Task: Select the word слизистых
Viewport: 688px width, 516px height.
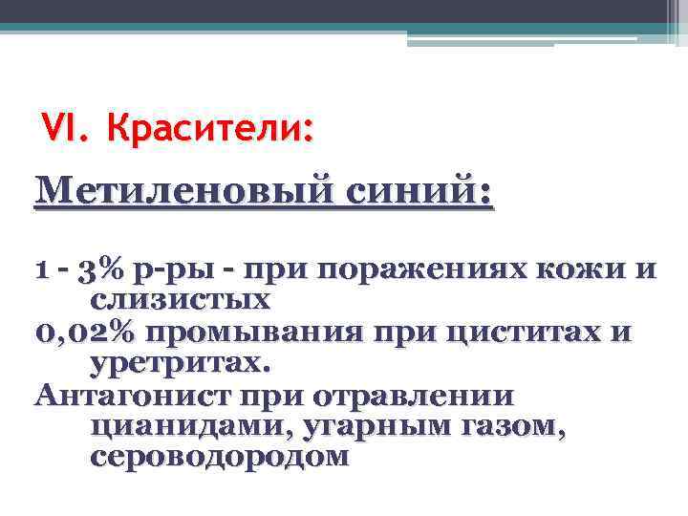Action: click(x=180, y=300)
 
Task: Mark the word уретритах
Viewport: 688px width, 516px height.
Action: click(x=181, y=363)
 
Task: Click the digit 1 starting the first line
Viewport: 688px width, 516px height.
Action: click(x=40, y=270)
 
